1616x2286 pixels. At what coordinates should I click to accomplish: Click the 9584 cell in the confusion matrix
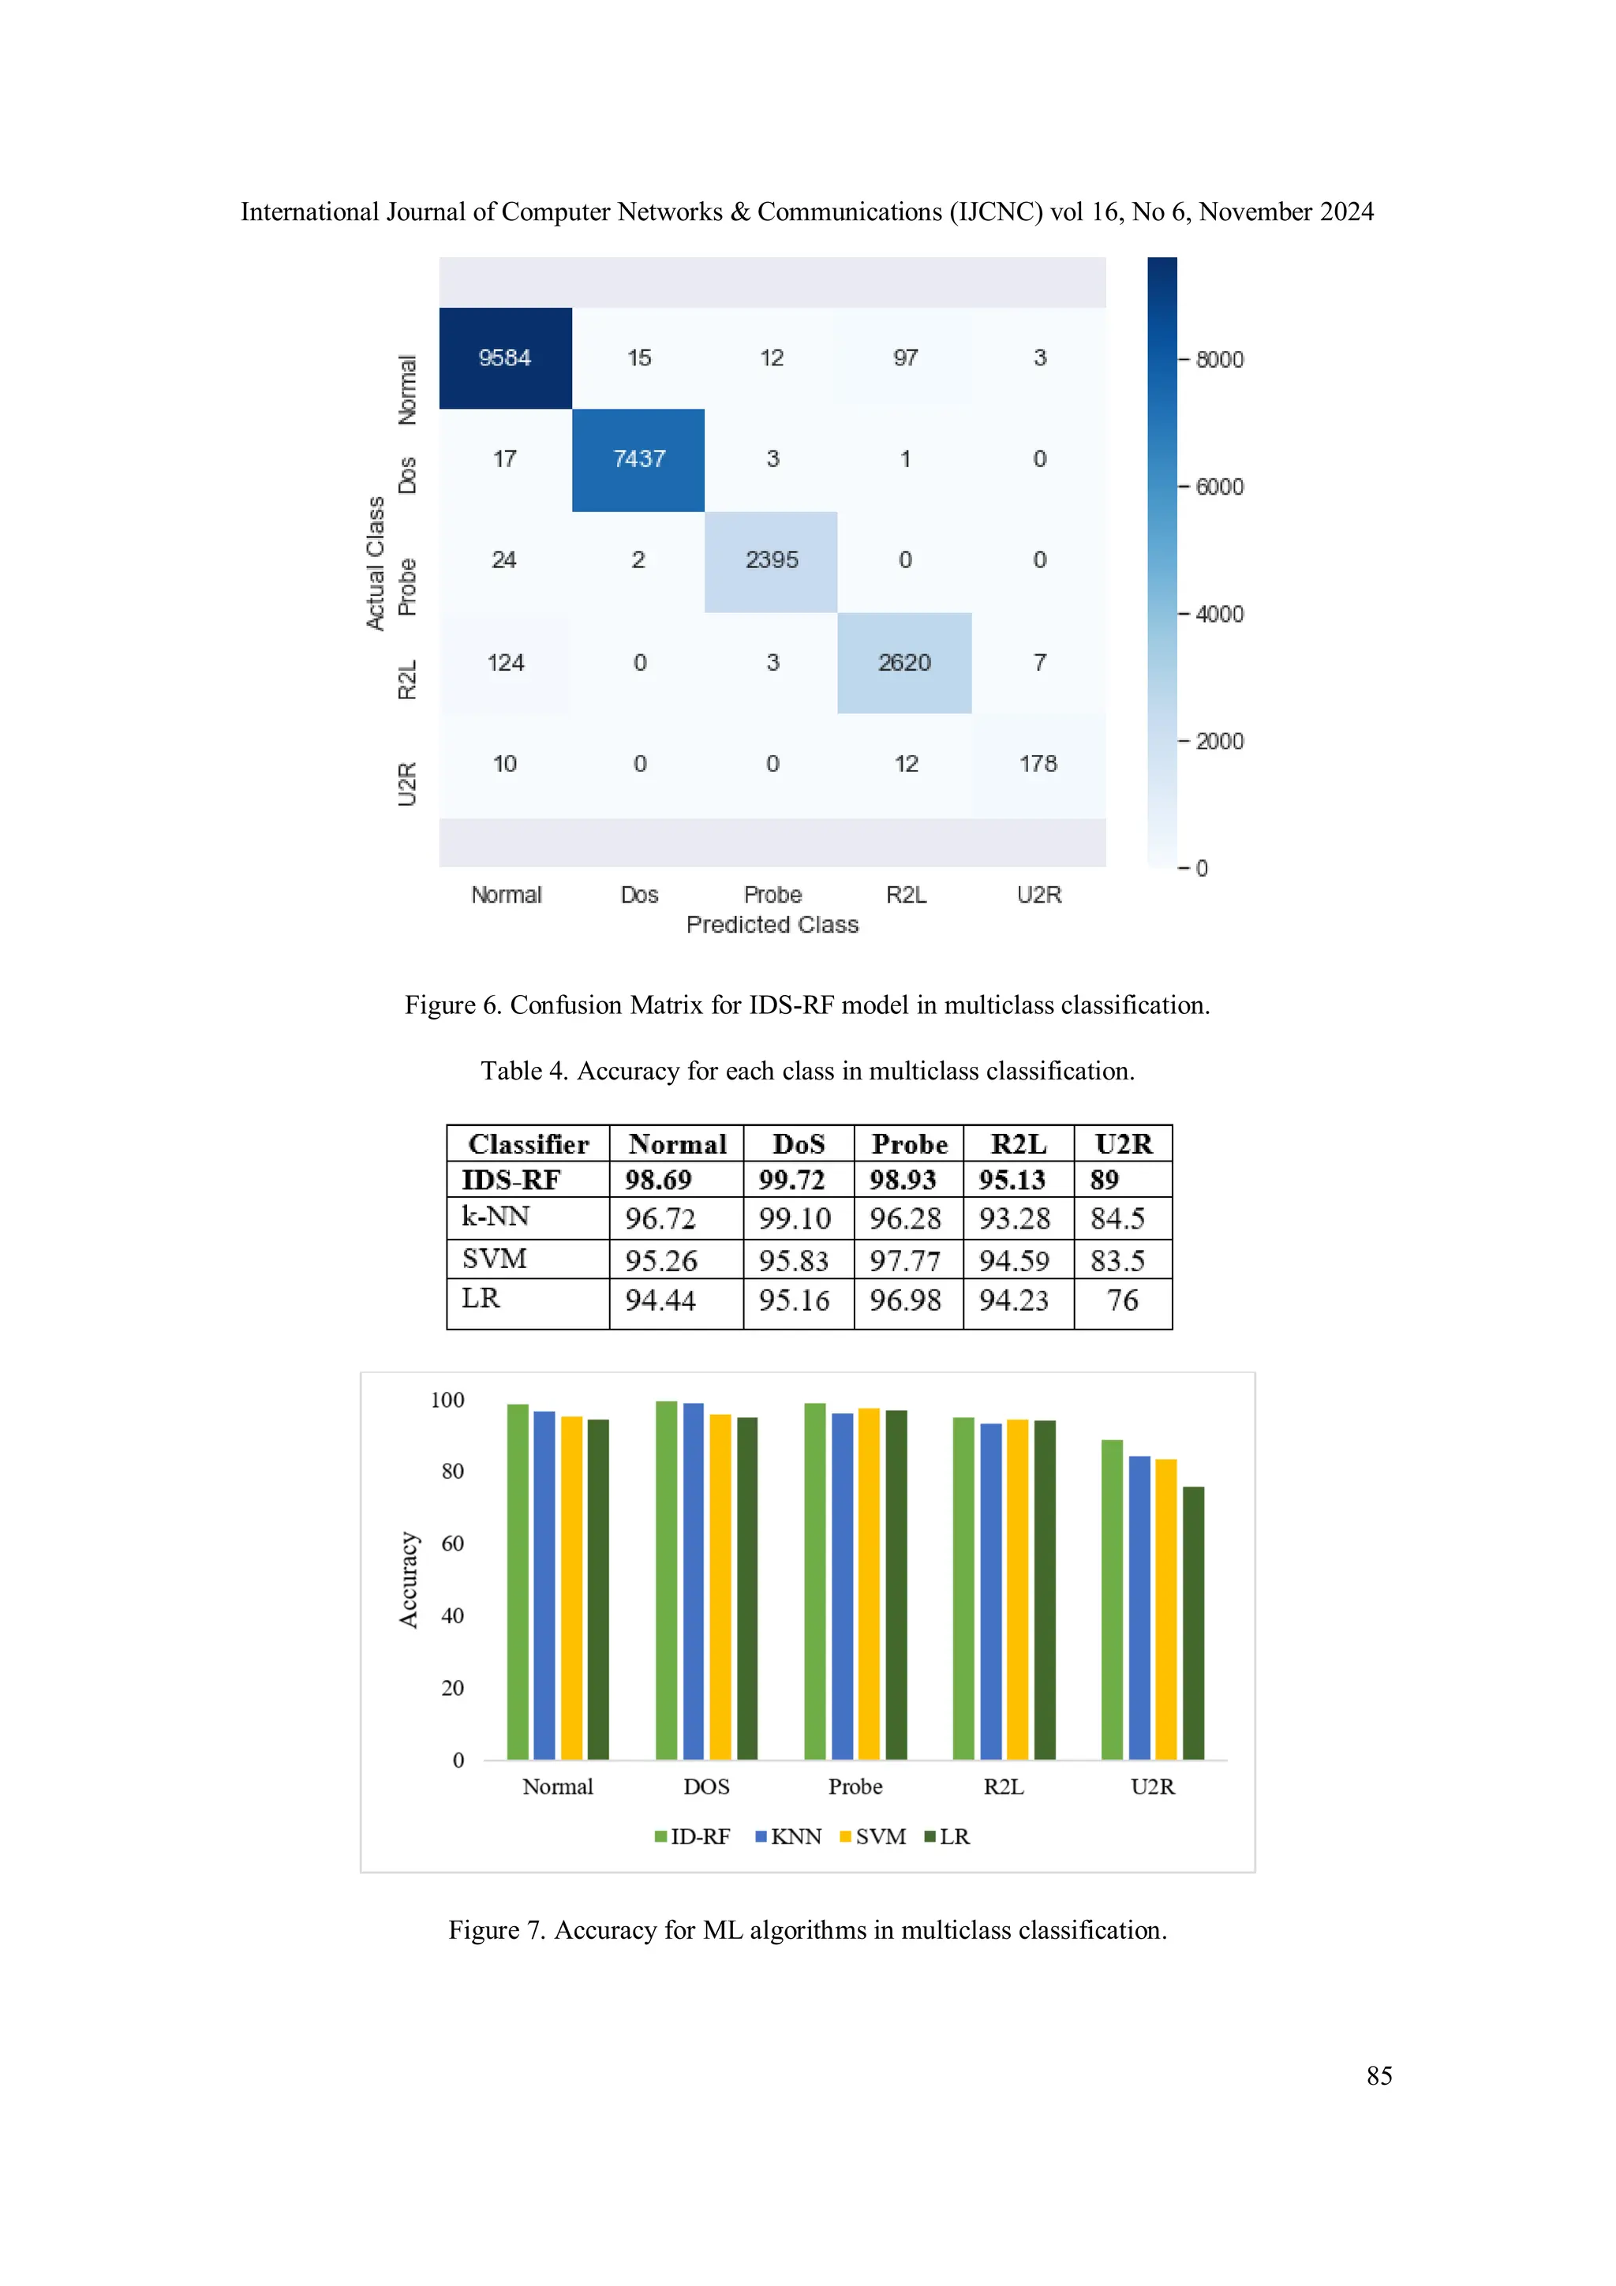click(x=505, y=358)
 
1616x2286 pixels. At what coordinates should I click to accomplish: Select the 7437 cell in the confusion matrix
click(x=638, y=459)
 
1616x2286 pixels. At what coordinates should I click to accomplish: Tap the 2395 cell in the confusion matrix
click(x=772, y=560)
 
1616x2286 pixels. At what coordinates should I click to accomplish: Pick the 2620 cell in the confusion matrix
click(x=904, y=663)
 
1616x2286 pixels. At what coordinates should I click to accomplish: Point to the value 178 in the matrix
click(x=1038, y=764)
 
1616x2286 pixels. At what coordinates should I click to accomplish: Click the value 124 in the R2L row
click(x=505, y=663)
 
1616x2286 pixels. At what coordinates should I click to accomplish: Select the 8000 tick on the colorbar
click(x=1219, y=359)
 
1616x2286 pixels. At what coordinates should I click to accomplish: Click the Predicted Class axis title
click(x=772, y=925)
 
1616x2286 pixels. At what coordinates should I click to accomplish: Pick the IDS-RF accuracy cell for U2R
click(x=1105, y=1180)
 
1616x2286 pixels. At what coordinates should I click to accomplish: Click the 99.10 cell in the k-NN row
click(x=795, y=1218)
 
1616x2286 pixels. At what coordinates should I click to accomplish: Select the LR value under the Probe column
click(x=905, y=1300)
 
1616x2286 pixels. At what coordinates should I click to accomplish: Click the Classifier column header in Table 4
click(x=529, y=1144)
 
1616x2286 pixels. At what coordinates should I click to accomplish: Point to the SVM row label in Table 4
click(x=494, y=1259)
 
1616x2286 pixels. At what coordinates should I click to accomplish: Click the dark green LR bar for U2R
click(x=1193, y=1623)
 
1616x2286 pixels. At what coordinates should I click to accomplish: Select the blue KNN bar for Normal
click(x=544, y=1585)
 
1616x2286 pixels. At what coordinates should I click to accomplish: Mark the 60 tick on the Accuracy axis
click(x=452, y=1543)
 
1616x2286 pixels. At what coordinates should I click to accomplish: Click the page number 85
click(x=1379, y=2076)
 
